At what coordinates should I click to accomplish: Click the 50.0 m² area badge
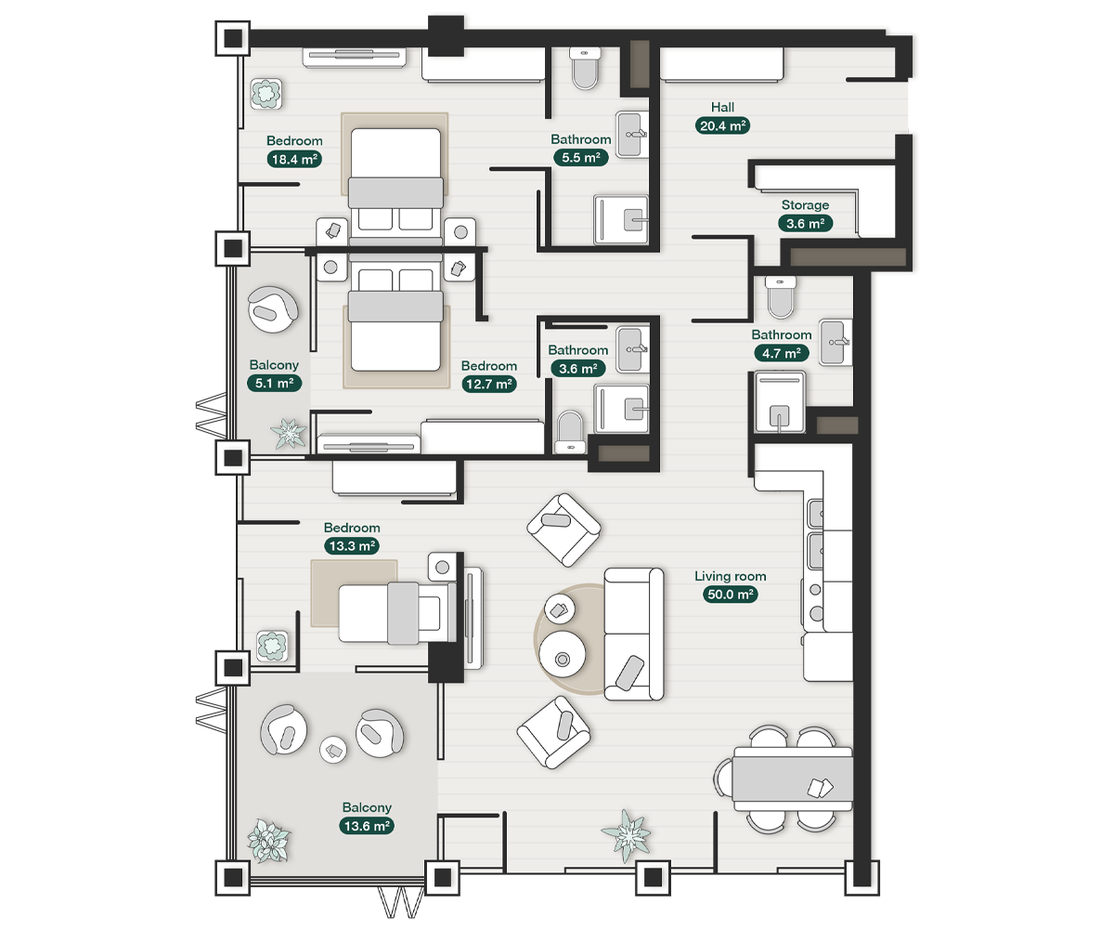(730, 595)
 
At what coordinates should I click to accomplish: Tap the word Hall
(722, 107)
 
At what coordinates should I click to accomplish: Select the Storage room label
(805, 205)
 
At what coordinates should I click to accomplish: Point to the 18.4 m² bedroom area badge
(294, 159)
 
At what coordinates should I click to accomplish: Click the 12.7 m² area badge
(489, 384)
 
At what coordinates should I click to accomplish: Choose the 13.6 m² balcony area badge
(367, 826)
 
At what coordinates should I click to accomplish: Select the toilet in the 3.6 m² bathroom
(570, 432)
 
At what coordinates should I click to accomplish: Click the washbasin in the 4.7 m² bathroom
(836, 343)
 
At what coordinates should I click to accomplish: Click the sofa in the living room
(634, 634)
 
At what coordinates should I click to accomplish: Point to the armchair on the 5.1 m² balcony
(273, 309)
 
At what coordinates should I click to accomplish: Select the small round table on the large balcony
(332, 749)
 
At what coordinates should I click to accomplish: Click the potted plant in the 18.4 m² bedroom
(267, 94)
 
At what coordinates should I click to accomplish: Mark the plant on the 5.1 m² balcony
(289, 433)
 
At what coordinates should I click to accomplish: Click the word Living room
(730, 576)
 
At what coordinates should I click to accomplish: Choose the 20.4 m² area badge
(722, 126)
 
